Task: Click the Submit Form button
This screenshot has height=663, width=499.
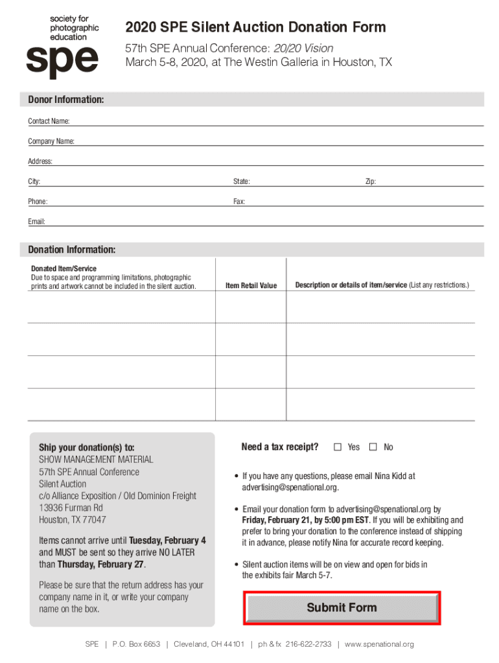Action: point(342,608)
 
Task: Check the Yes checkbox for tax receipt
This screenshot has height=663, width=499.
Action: point(338,447)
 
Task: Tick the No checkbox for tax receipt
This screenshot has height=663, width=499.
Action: point(373,447)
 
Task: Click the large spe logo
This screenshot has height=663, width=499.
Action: point(62,62)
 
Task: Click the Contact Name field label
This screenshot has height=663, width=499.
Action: point(49,121)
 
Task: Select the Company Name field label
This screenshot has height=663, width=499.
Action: point(51,141)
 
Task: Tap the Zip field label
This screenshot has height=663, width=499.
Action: point(371,182)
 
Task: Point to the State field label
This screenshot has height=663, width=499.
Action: point(242,182)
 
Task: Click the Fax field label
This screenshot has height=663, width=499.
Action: point(239,202)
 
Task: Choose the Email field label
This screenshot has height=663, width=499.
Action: point(36,222)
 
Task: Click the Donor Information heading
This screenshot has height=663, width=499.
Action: point(65,100)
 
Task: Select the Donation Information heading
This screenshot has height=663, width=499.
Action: point(71,250)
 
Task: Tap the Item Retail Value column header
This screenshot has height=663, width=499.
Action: point(251,286)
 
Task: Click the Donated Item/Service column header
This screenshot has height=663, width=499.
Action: point(64,269)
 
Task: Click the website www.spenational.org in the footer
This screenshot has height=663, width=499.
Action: point(379,644)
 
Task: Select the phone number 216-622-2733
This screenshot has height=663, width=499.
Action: point(308,644)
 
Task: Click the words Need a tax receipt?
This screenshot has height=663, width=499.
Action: point(279,447)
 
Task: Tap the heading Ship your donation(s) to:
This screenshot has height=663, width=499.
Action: point(87,447)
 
